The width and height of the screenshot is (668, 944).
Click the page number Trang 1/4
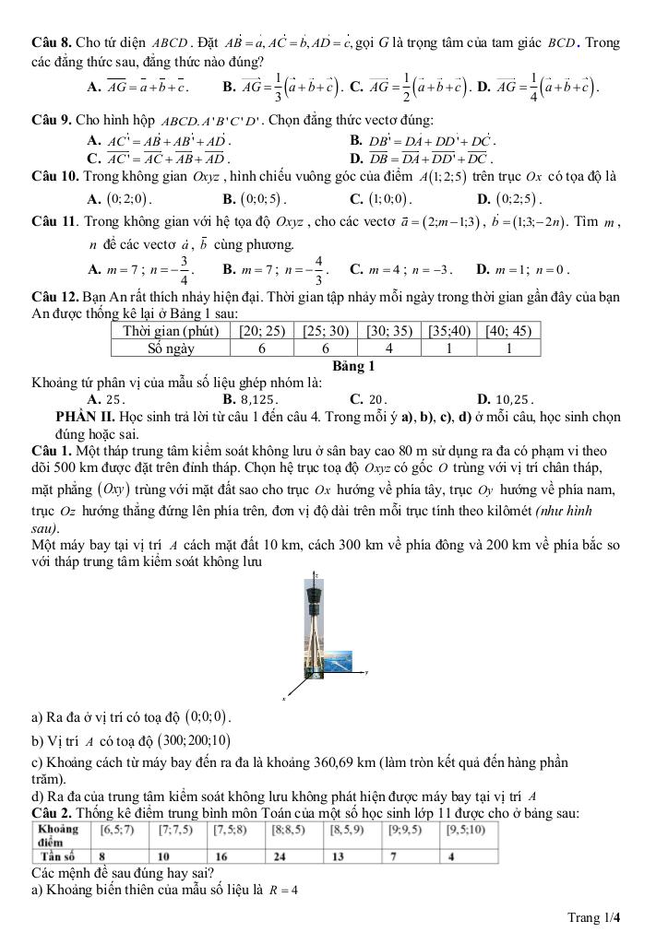594,916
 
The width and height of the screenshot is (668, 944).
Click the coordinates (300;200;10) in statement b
193,740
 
